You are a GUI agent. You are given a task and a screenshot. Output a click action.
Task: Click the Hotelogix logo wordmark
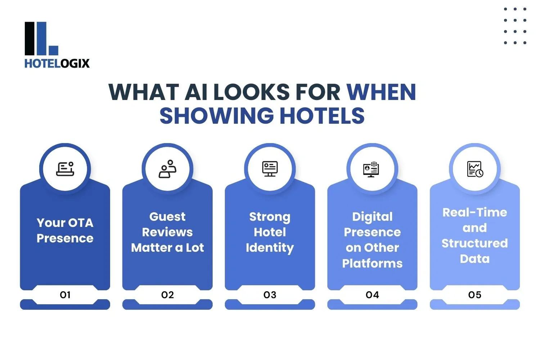click(57, 63)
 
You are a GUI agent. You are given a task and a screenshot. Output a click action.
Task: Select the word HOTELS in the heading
click(322, 116)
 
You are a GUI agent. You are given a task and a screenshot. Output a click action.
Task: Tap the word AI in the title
click(196, 92)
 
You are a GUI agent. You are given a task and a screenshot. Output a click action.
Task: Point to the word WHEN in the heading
click(381, 92)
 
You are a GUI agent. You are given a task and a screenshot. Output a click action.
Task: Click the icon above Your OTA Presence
click(65, 169)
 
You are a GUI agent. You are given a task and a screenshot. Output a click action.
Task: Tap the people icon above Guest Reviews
click(167, 169)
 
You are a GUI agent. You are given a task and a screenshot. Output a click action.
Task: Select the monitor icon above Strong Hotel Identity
click(270, 169)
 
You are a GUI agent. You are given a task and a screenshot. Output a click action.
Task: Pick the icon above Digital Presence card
click(372, 169)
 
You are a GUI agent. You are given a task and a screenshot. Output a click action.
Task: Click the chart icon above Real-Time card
click(475, 169)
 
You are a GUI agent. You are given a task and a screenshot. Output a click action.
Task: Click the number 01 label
click(65, 295)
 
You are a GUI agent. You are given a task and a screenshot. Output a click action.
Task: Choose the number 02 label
click(167, 295)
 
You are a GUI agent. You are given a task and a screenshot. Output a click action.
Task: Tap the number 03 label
click(270, 295)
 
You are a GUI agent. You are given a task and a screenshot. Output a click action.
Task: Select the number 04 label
click(372, 295)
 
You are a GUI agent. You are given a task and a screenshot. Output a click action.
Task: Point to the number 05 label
click(475, 295)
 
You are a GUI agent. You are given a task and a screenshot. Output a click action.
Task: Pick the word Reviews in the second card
click(167, 232)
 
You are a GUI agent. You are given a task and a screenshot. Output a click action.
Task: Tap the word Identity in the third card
click(270, 248)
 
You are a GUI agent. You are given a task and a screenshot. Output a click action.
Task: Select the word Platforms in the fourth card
click(372, 264)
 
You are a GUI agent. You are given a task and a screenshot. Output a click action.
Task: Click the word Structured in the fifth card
click(475, 243)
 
